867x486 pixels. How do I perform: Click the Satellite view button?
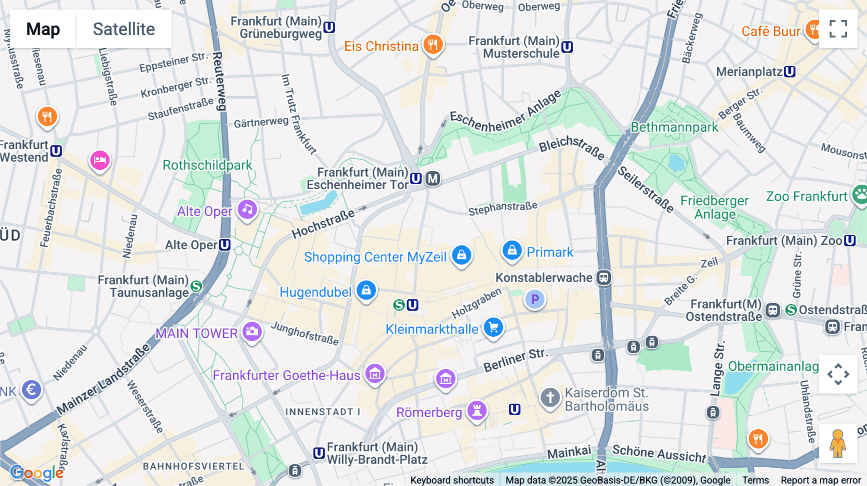[124, 29]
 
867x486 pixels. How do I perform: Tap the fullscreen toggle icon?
[838, 29]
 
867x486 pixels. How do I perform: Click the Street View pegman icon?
[838, 444]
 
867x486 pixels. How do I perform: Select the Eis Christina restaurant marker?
[433, 45]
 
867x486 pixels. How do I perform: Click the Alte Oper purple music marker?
[248, 209]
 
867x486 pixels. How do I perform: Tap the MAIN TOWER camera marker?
[252, 332]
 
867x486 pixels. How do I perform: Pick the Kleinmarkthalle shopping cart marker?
[493, 328]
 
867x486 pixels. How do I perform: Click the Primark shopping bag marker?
[512, 251]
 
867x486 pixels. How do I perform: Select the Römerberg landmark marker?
[477, 410]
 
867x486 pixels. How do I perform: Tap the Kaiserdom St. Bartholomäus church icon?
[550, 398]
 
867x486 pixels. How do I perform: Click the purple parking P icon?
[535, 299]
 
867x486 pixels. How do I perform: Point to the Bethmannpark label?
[674, 127]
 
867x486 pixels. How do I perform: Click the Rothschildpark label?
[207, 165]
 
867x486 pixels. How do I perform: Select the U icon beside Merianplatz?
[789, 72]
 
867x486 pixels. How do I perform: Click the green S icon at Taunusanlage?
[196, 286]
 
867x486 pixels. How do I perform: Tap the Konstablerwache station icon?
[604, 278]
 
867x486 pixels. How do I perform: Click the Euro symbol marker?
[32, 389]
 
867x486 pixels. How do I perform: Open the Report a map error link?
[821, 480]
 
